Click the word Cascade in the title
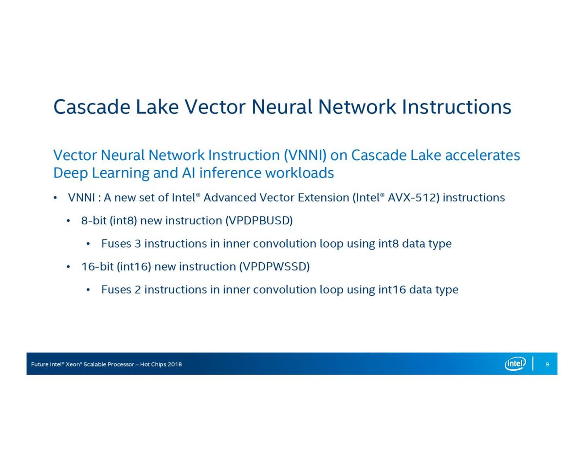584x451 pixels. coord(91,107)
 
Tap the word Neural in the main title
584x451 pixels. coord(281,107)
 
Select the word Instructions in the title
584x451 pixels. coord(456,107)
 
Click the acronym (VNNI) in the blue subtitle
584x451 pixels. coord(305,155)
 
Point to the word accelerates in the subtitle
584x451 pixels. coord(483,155)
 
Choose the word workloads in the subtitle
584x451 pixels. coord(299,172)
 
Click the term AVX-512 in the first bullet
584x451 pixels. coord(411,198)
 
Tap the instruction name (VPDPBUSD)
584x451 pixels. coord(259,220)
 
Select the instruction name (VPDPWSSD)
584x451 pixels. coord(274,267)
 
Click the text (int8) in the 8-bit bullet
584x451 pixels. coord(123,220)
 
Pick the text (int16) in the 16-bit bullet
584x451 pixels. coord(133,267)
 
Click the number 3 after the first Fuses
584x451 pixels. coord(138,244)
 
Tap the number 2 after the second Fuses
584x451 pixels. coord(138,289)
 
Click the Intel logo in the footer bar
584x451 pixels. coord(514,364)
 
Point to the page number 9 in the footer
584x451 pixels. coord(547,364)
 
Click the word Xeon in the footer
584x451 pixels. coord(73,364)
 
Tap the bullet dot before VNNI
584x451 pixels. coord(55,198)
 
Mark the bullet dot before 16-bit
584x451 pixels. coord(69,267)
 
